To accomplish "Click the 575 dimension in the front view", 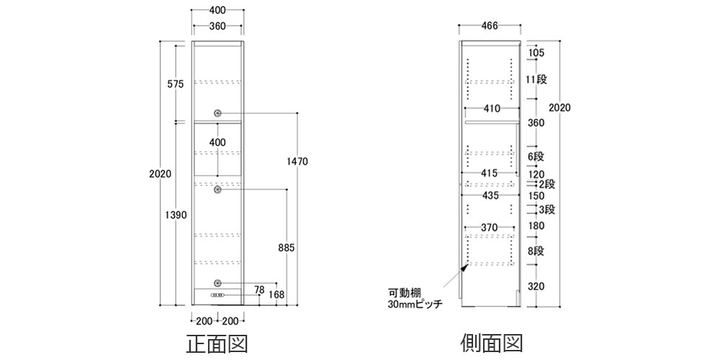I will click(175, 84).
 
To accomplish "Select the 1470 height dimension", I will click(297, 162).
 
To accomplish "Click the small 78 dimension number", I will click(260, 290).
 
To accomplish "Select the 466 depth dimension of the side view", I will click(490, 27).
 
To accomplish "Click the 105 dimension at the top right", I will click(535, 53).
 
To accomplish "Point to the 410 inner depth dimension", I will click(491, 109).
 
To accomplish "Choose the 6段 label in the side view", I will click(535, 157).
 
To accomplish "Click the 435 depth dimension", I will click(490, 196).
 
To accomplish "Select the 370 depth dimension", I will click(490, 228).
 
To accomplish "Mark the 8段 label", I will click(535, 251).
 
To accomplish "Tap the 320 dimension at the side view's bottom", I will click(535, 286).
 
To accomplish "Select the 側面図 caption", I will click(490, 342).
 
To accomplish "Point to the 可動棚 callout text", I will click(402, 293).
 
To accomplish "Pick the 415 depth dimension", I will click(490, 174).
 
